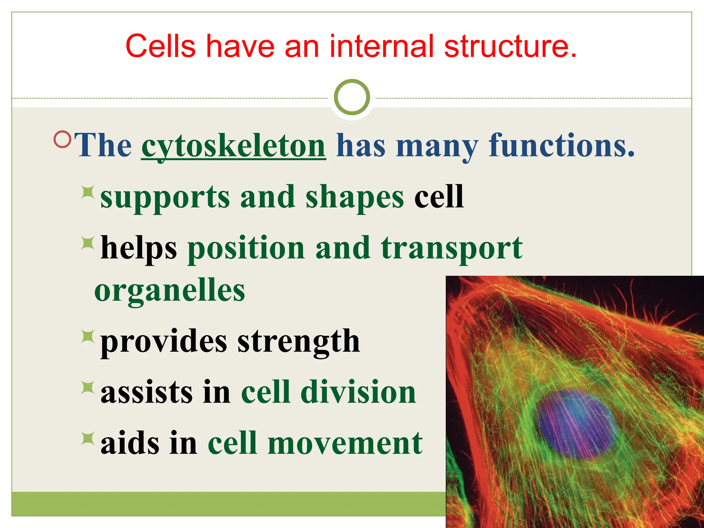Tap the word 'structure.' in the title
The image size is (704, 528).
tap(510, 46)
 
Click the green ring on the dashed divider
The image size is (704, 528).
tap(352, 97)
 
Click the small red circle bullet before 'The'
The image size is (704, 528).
tap(62, 139)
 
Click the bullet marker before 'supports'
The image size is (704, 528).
tap(88, 192)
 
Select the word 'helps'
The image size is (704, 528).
tap(139, 248)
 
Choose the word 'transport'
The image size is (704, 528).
tap(452, 248)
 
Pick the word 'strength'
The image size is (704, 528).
tap(298, 341)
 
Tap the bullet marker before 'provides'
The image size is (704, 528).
tap(88, 336)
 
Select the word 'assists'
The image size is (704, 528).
tap(146, 392)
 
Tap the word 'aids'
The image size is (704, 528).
tap(130, 443)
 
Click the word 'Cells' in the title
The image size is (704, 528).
tap(161, 46)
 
